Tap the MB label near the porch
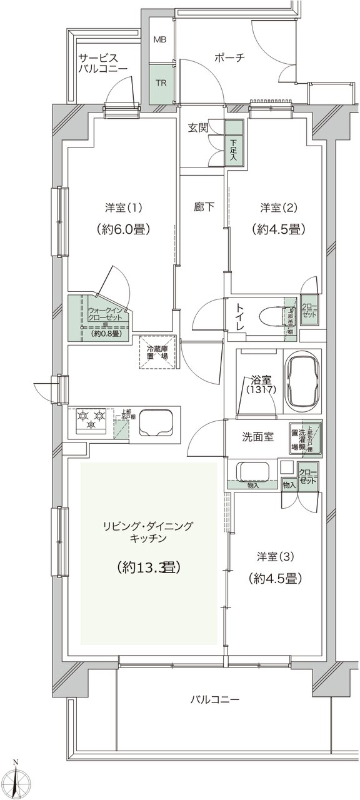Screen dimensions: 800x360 pos(161,40)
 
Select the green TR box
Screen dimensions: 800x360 pos(161,82)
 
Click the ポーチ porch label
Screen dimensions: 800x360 pos(229,57)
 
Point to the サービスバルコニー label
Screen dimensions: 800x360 pos(102,63)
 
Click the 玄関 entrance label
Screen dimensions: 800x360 pos(198,128)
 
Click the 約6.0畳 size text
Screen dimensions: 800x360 pos(121,229)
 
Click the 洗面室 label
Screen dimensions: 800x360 pos(257,437)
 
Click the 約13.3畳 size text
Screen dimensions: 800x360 pos(149,567)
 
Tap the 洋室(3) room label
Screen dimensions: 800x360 pos(275,556)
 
